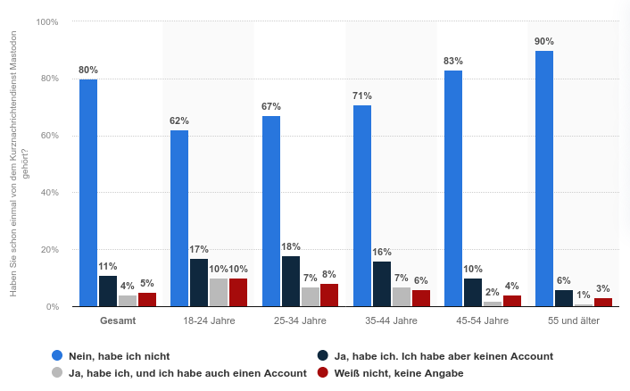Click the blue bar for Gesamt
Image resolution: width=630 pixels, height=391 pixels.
click(x=88, y=193)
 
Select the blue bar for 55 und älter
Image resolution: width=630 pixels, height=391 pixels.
click(x=544, y=179)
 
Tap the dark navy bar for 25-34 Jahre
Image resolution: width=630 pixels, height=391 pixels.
click(x=291, y=281)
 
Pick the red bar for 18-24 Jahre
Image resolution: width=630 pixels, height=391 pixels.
click(x=238, y=292)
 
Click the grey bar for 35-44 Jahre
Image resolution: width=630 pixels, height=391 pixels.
click(x=402, y=296)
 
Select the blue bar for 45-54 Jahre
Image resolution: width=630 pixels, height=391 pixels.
click(x=453, y=188)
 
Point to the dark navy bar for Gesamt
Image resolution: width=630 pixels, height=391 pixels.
click(x=108, y=291)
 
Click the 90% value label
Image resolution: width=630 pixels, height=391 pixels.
click(x=544, y=41)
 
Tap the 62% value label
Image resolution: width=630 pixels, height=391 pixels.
click(x=179, y=121)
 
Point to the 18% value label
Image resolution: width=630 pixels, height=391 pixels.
click(x=291, y=246)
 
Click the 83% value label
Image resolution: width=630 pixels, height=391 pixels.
click(x=453, y=61)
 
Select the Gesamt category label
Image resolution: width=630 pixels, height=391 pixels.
click(x=118, y=320)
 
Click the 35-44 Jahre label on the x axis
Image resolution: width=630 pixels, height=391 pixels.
click(x=392, y=320)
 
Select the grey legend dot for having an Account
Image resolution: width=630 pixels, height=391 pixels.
click(x=58, y=373)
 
